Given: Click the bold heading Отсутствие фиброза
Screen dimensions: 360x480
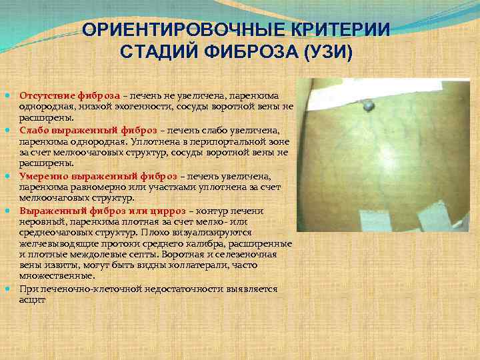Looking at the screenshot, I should coord(70,95).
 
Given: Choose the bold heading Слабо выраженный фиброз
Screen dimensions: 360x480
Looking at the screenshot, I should coord(89,129).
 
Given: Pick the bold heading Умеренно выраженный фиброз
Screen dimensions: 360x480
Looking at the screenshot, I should coord(98,176).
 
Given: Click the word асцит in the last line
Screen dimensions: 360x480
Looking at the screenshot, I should coord(33,299).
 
